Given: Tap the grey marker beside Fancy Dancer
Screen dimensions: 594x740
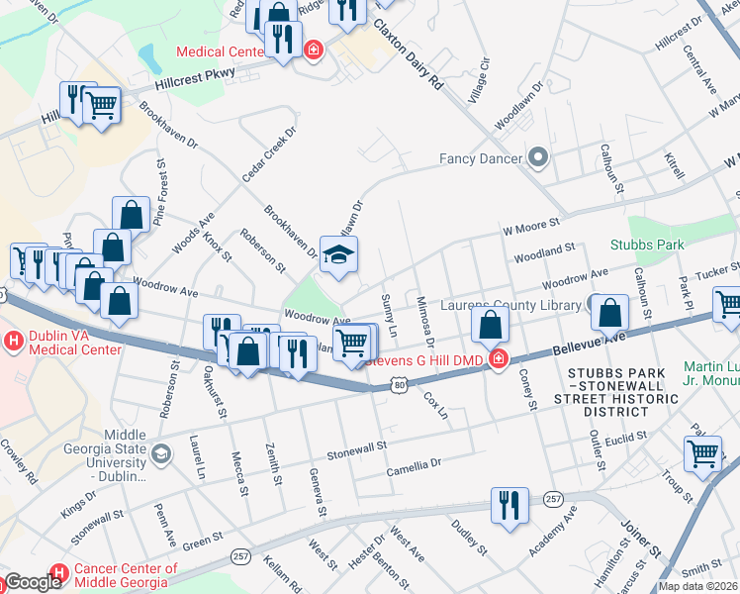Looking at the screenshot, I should [x=538, y=157].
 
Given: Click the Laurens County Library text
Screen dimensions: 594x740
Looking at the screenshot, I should [x=510, y=305].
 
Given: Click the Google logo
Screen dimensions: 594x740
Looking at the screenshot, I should [x=32, y=582].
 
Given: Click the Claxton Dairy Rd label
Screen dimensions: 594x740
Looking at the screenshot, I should [x=407, y=56].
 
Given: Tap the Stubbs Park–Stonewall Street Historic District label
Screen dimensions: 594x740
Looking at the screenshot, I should [x=623, y=392].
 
